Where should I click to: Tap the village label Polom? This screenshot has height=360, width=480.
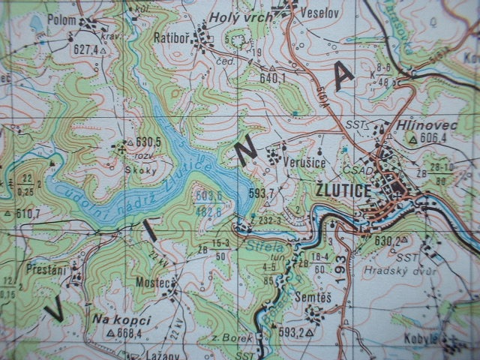click(x=61, y=20)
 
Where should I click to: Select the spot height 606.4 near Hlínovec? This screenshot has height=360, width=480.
click(x=432, y=139)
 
